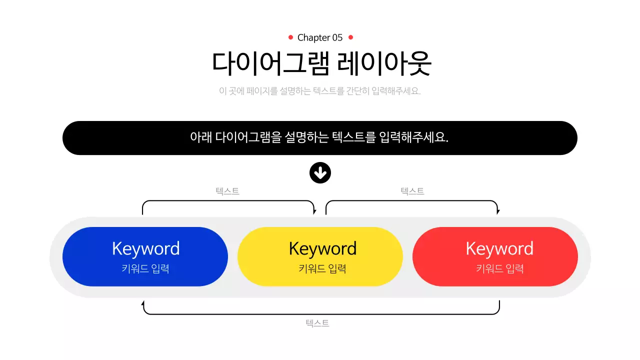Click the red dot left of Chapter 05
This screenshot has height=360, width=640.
pyautogui.click(x=290, y=37)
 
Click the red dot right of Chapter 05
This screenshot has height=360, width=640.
pyautogui.click(x=350, y=37)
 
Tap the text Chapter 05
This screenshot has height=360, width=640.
pyautogui.click(x=320, y=37)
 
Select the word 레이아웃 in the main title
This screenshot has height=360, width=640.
pyautogui.click(x=384, y=63)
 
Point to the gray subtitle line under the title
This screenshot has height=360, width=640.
pyautogui.click(x=320, y=91)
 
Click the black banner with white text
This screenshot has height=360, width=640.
pyautogui.click(x=320, y=137)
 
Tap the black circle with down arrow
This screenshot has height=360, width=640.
pyautogui.click(x=320, y=173)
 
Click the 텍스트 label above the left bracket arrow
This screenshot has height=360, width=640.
pyautogui.click(x=227, y=191)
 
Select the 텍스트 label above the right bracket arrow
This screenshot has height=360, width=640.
pyautogui.click(x=412, y=191)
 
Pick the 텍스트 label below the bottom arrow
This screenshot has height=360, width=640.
pyautogui.click(x=317, y=323)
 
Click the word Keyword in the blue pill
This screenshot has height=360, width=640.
pyautogui.click(x=145, y=248)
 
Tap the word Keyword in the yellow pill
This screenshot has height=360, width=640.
pyautogui.click(x=322, y=248)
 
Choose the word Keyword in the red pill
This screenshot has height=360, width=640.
pyautogui.click(x=499, y=248)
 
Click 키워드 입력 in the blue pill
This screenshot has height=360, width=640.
pyautogui.click(x=145, y=268)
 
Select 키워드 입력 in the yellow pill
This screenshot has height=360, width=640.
pyautogui.click(x=322, y=268)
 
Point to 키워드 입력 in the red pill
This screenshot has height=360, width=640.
pyautogui.click(x=499, y=268)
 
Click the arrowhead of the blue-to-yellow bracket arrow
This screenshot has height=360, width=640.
pyautogui.click(x=314, y=212)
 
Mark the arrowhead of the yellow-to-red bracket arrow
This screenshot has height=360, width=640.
pyautogui.click(x=498, y=212)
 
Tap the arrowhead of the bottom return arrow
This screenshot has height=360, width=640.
pyautogui.click(x=143, y=302)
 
